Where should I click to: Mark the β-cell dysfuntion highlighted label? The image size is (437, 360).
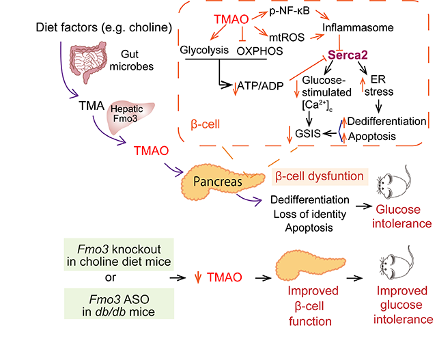318,176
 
